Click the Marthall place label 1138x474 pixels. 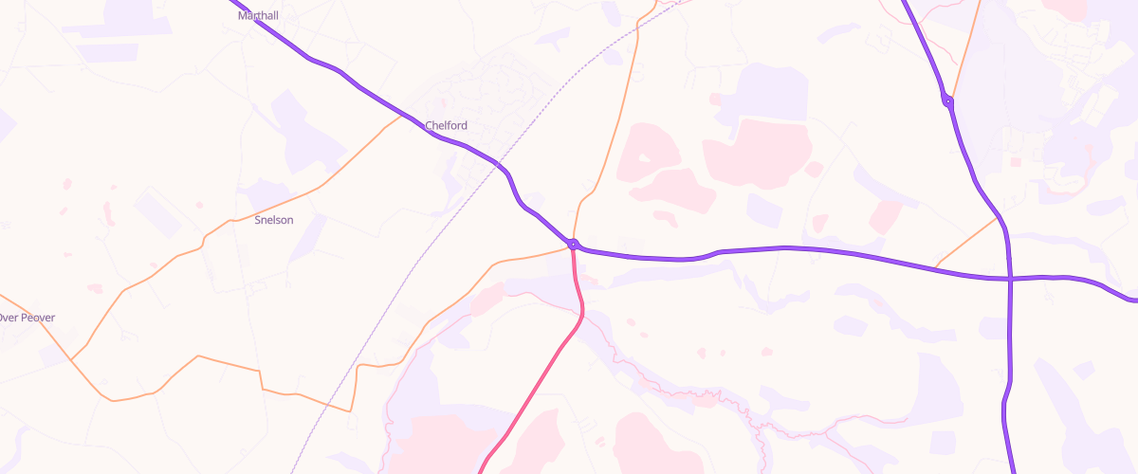click(258, 15)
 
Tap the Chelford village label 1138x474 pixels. click(446, 125)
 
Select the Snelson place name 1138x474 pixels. click(274, 220)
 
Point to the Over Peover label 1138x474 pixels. click(27, 318)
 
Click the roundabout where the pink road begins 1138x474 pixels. click(573, 245)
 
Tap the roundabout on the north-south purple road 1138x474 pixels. click(947, 100)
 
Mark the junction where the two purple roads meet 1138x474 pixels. click(1010, 279)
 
